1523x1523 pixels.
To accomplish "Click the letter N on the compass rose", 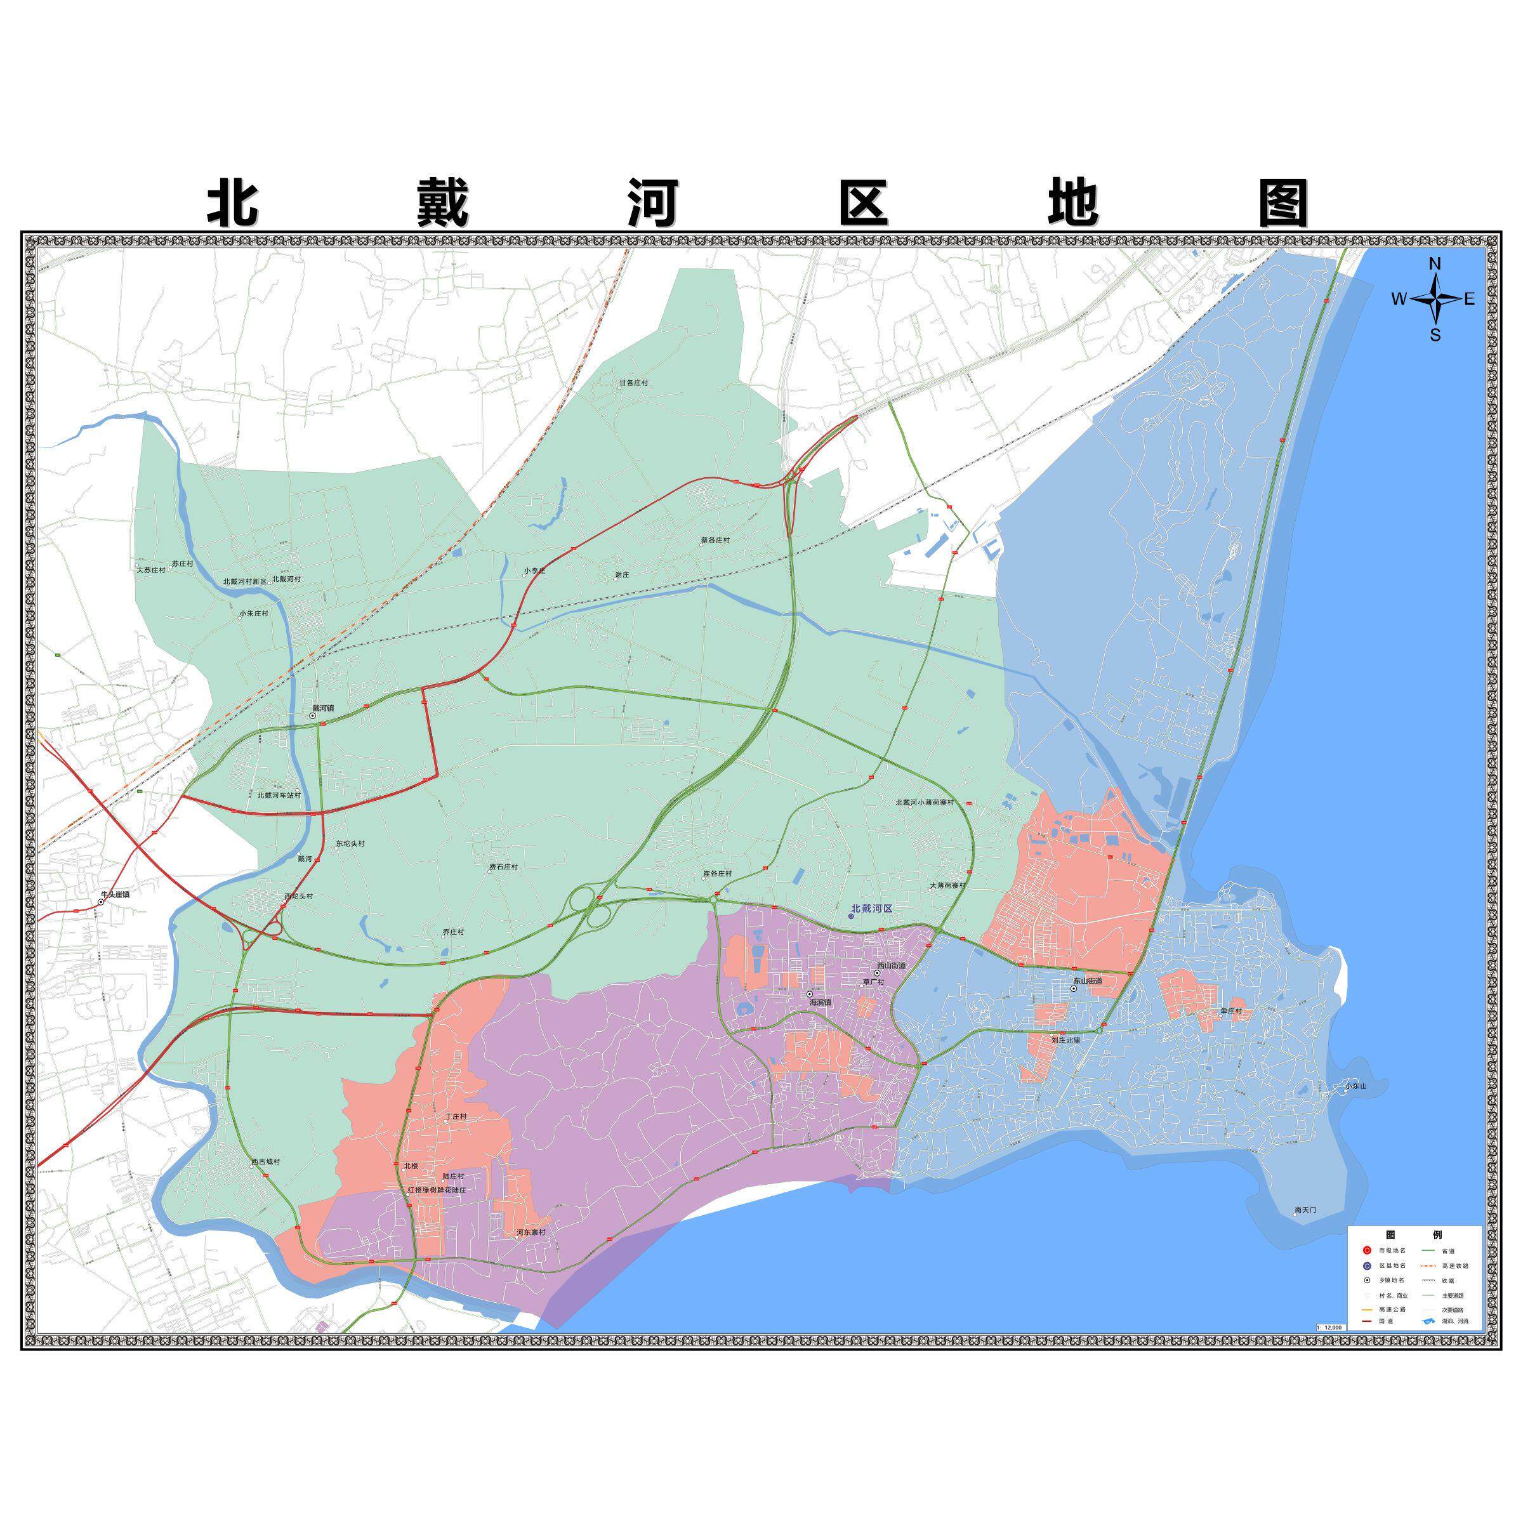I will coord(1435,263).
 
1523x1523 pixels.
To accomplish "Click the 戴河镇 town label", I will coord(322,708).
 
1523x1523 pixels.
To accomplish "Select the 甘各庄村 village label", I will coord(633,382).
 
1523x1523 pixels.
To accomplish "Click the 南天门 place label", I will coord(1305,1231).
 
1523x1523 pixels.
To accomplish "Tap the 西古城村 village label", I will coord(266,1162).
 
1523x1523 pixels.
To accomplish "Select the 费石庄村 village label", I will coord(503,867).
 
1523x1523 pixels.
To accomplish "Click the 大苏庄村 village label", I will coord(150,569).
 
